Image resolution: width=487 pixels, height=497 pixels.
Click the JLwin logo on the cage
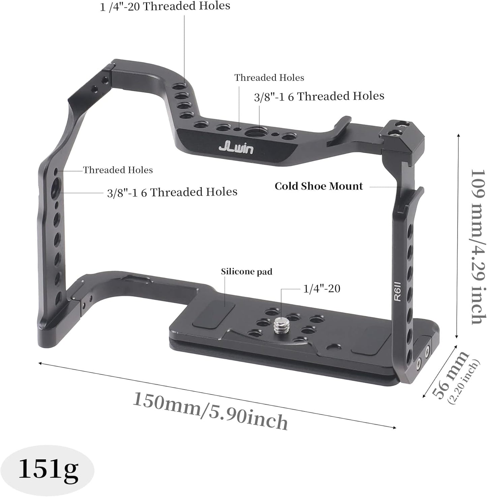point(236,148)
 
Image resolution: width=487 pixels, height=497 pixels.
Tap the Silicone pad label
point(246,271)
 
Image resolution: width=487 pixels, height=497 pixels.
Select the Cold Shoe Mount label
point(318,186)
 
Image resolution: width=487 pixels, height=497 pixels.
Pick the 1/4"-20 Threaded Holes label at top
point(165,6)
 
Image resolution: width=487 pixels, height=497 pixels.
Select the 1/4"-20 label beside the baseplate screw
point(322,289)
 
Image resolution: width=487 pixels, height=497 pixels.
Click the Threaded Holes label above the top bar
point(269,78)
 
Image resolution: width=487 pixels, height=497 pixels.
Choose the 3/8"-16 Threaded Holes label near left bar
point(172,192)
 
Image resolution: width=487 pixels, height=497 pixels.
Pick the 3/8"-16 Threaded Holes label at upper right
point(319,96)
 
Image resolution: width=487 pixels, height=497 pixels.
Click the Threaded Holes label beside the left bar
point(118,170)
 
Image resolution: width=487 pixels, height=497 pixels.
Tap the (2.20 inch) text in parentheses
point(464,382)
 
